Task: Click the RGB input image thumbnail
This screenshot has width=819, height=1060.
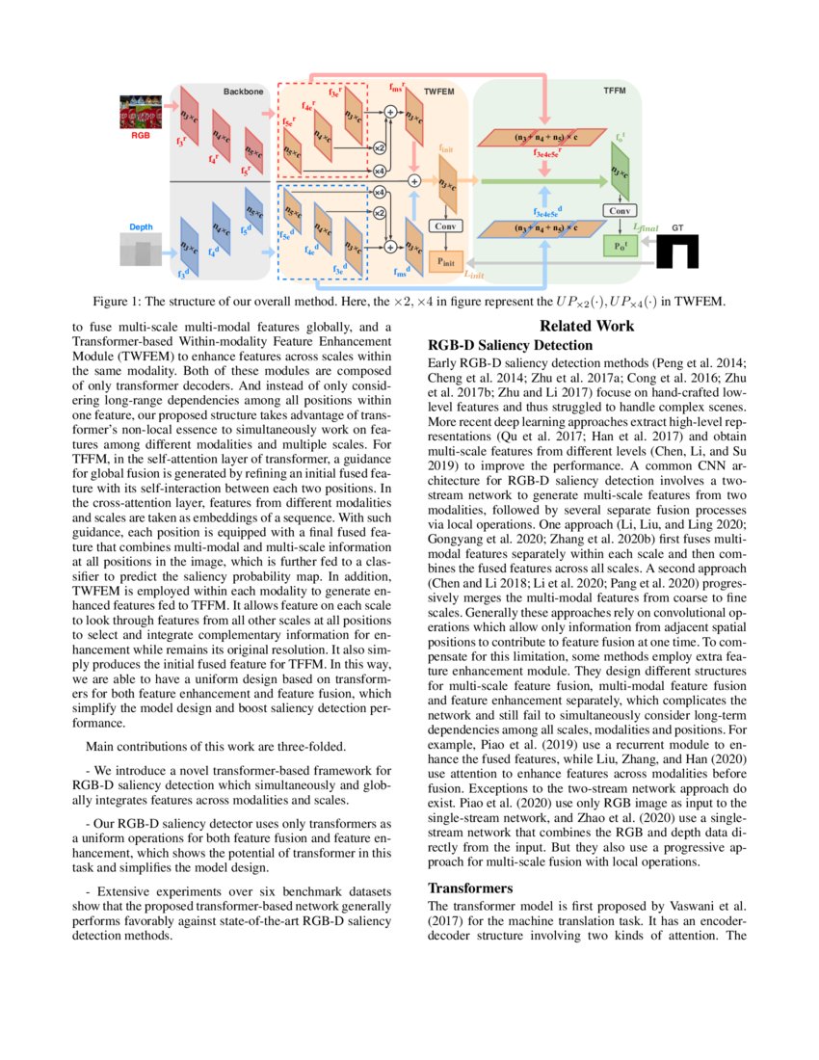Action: tap(141, 114)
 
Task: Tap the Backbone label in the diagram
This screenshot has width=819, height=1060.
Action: tap(243, 92)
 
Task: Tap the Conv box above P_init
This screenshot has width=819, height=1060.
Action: tap(444, 225)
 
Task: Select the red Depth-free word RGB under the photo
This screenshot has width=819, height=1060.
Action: tap(141, 137)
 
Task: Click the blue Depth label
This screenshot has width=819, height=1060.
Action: tap(141, 227)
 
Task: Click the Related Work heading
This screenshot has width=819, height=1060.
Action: tap(586, 327)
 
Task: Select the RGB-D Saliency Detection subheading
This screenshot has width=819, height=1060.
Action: tap(510, 345)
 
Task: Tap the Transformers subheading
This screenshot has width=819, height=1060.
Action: tap(469, 888)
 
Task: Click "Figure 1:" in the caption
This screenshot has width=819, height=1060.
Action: tap(123, 300)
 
